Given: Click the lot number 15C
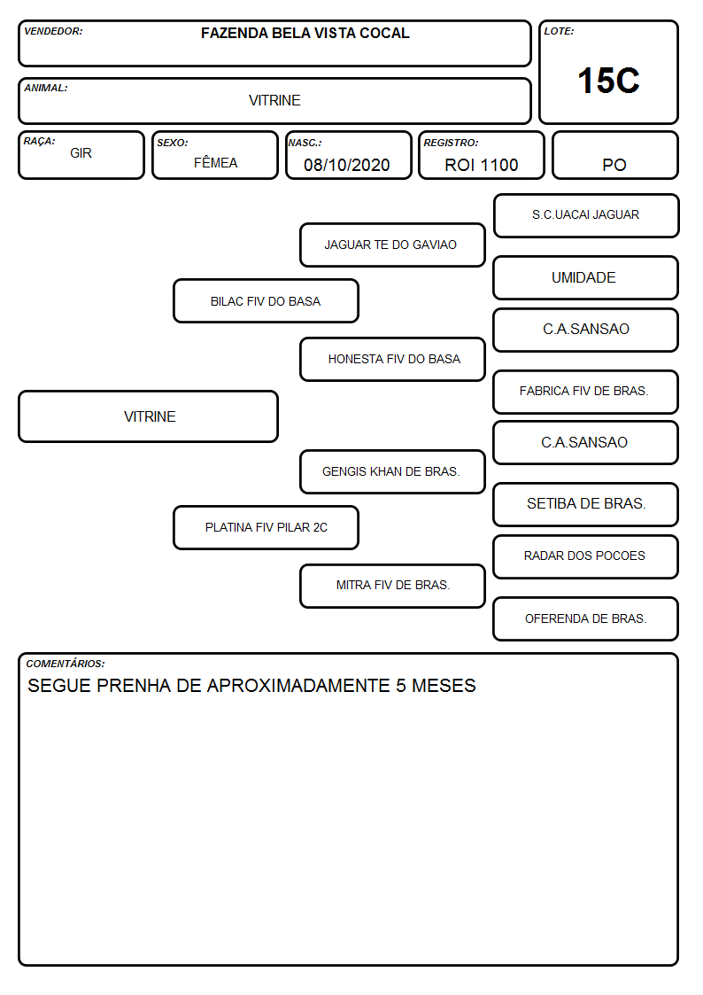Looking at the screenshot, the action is (608, 81).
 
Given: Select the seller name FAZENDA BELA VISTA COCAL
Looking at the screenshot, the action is (305, 33).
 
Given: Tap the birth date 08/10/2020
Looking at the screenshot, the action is (347, 165).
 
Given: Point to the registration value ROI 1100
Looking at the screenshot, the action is (481, 165).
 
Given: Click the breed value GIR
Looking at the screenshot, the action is (81, 153).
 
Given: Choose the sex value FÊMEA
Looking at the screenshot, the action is (215, 162).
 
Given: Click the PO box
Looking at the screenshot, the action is (614, 155).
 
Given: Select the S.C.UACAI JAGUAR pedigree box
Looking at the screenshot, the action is (586, 216).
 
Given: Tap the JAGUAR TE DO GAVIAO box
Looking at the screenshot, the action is (392, 245).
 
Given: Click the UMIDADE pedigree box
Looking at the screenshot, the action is (586, 278).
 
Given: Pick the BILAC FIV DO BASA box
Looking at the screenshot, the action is (267, 300).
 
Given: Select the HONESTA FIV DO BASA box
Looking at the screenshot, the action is (392, 359).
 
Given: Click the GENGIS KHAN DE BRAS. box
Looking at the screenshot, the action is (392, 472).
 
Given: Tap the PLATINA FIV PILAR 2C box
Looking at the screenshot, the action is (267, 528).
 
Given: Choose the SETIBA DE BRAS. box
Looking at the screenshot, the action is (586, 504).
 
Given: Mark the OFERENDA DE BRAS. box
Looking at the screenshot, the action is (586, 618).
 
